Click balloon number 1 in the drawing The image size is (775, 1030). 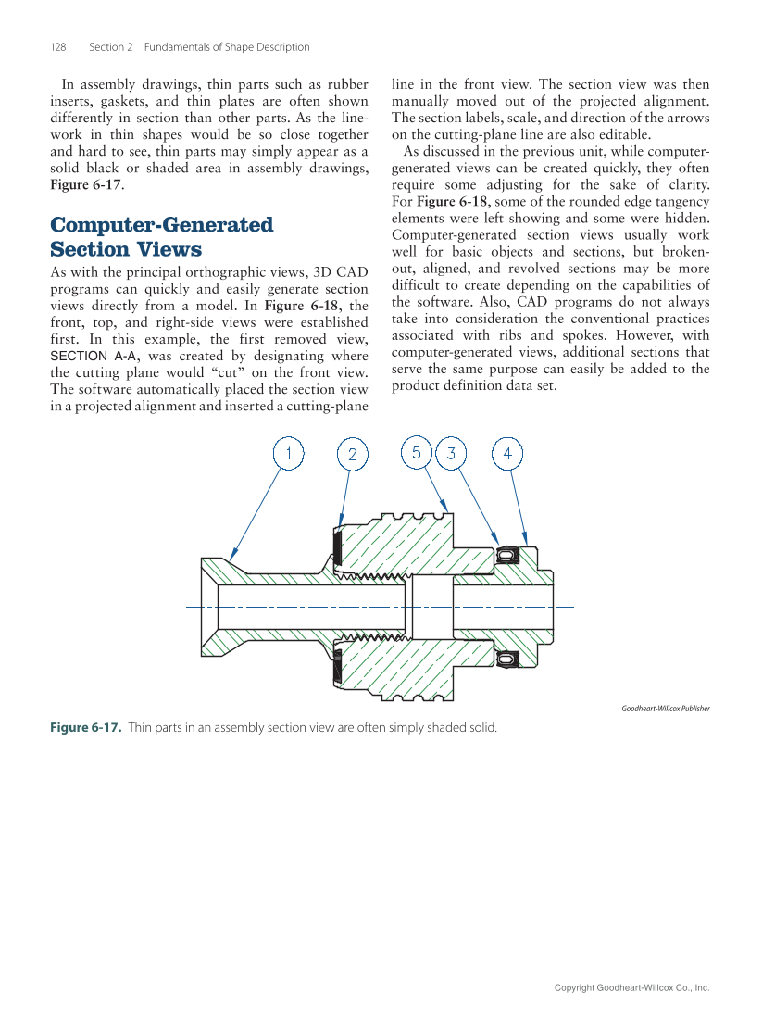[289, 454]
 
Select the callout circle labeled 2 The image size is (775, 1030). [352, 455]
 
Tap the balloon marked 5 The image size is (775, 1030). [417, 452]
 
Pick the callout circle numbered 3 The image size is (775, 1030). [451, 453]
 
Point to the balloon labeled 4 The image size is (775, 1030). [507, 453]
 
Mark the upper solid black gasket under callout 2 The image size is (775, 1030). [337, 548]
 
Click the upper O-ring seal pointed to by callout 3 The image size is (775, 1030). [506, 554]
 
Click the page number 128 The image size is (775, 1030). [58, 47]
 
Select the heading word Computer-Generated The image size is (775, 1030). [161, 225]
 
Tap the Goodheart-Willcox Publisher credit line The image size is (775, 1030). [665, 709]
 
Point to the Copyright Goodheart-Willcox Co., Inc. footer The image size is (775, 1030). [631, 988]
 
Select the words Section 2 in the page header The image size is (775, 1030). [111, 47]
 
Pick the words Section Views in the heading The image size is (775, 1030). [125, 249]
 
